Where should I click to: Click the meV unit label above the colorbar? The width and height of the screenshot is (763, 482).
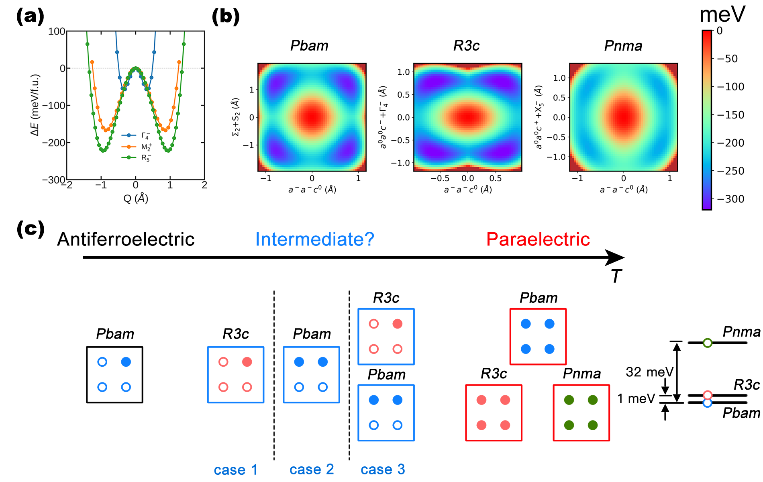(x=722, y=15)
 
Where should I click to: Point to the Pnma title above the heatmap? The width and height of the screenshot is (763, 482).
(x=623, y=46)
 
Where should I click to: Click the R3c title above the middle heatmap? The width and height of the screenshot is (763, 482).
(x=466, y=46)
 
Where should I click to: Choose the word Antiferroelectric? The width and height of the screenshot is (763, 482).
(x=126, y=239)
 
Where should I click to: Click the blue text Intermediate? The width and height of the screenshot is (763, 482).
(x=315, y=239)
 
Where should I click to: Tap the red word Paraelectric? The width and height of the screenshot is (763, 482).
(x=538, y=239)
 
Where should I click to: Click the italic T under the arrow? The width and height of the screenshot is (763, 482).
(x=616, y=276)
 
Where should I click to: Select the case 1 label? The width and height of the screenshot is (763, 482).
(x=235, y=470)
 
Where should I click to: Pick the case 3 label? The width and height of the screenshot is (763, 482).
(x=383, y=469)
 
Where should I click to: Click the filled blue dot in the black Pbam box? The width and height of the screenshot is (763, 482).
(x=126, y=362)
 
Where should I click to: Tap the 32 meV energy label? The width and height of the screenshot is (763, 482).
(x=649, y=372)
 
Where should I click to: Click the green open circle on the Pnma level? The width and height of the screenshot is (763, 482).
(x=708, y=343)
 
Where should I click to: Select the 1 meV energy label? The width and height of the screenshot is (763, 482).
(x=636, y=398)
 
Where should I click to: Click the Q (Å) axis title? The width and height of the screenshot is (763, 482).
(x=136, y=198)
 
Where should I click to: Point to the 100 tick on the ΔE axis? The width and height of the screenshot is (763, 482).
(x=57, y=31)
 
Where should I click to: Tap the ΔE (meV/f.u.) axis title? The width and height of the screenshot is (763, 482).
(x=36, y=105)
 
